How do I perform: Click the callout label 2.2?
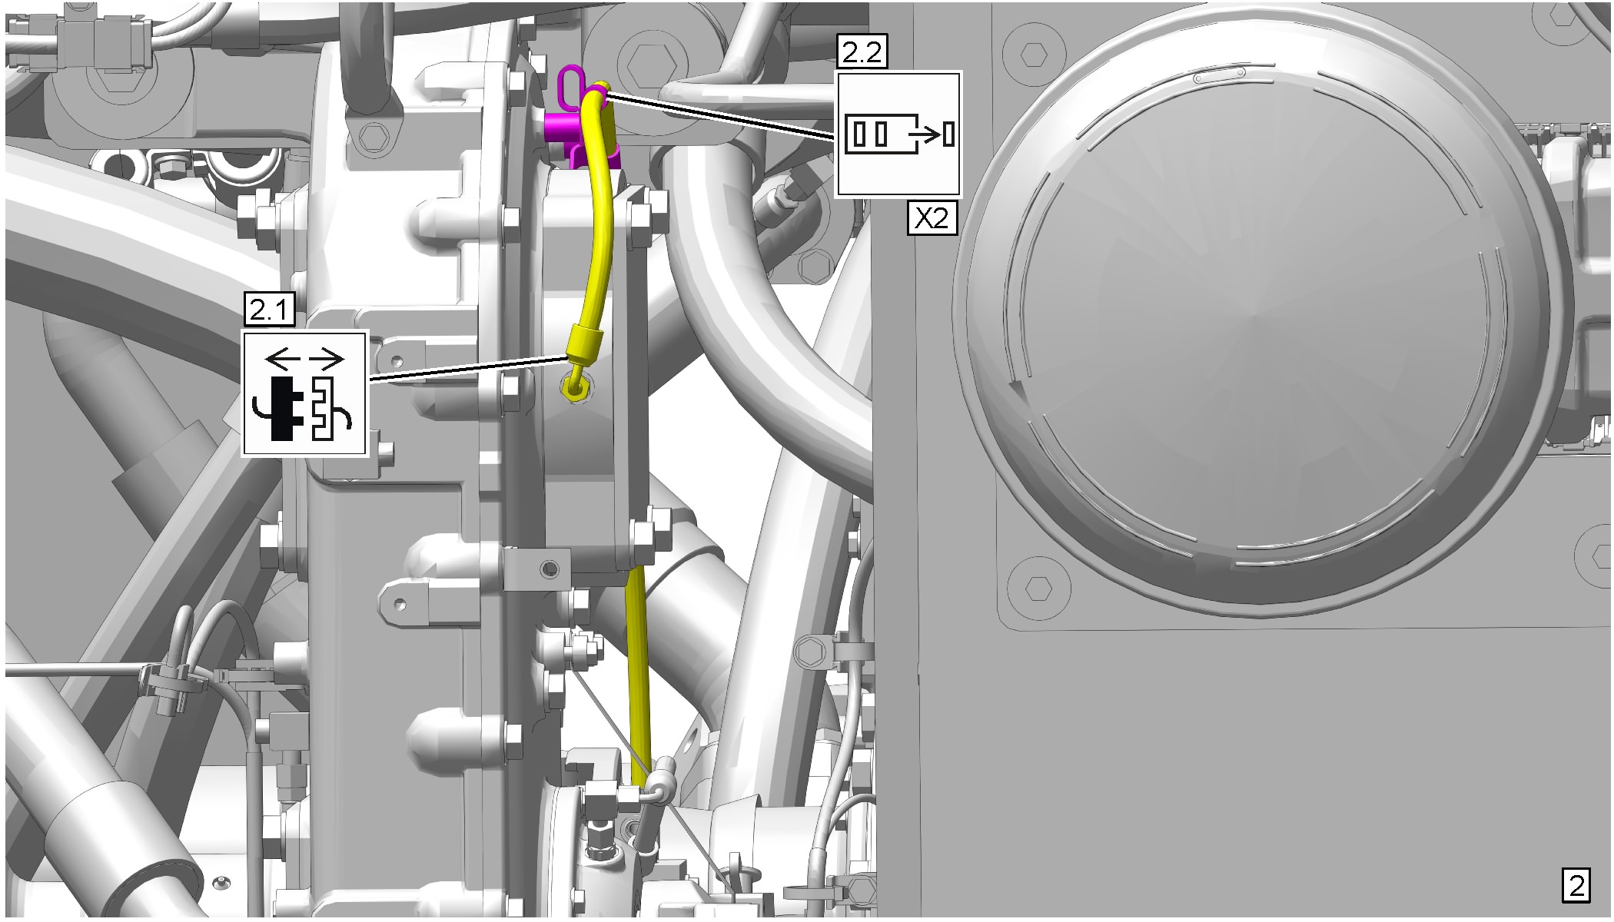point(863,54)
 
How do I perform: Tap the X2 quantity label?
point(932,218)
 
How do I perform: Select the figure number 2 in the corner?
point(1576,887)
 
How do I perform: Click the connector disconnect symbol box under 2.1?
point(305,393)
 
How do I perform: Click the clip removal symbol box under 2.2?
point(898,134)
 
